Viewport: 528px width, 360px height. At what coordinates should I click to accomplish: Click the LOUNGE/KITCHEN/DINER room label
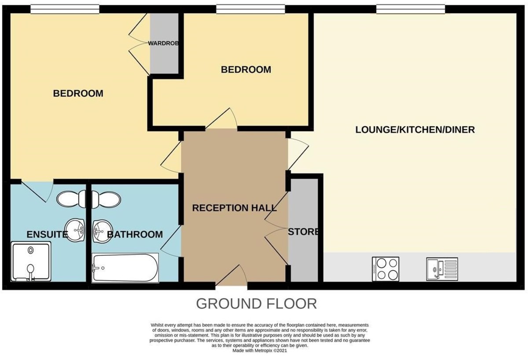(415, 130)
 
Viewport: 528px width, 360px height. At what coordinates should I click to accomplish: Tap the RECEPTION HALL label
(234, 208)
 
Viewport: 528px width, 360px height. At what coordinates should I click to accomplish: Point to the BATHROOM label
(135, 234)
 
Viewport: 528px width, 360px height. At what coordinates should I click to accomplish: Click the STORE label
(303, 231)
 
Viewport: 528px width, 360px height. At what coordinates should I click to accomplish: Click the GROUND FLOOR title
(256, 304)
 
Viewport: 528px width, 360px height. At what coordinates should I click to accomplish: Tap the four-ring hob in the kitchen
(385, 268)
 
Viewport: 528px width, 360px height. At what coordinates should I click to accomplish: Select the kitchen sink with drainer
(442, 268)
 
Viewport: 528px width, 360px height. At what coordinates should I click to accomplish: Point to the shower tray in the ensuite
(31, 262)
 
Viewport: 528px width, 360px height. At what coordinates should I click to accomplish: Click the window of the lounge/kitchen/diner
(410, 8)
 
